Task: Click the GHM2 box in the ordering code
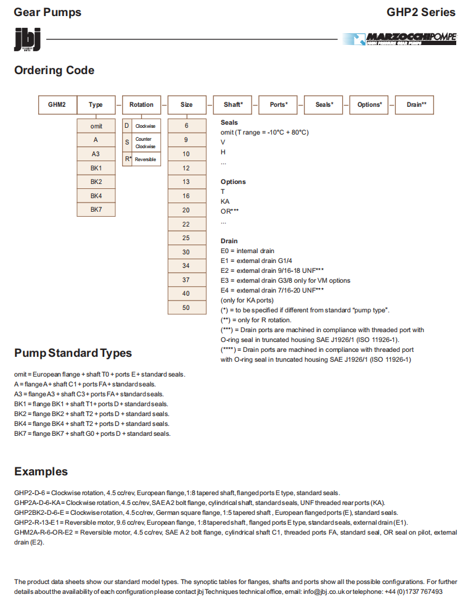(x=57, y=104)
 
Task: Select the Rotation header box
(x=141, y=104)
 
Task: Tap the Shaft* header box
(x=232, y=104)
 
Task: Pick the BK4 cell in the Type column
(x=96, y=196)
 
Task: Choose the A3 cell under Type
(x=96, y=154)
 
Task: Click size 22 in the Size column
(x=186, y=224)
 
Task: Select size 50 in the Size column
(x=186, y=307)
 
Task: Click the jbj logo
(x=27, y=40)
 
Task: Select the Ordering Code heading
(x=54, y=70)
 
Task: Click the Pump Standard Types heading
(x=73, y=353)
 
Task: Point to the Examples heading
(x=41, y=472)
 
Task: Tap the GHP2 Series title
(x=421, y=12)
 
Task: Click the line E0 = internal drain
(x=248, y=251)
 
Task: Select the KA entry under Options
(x=225, y=201)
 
